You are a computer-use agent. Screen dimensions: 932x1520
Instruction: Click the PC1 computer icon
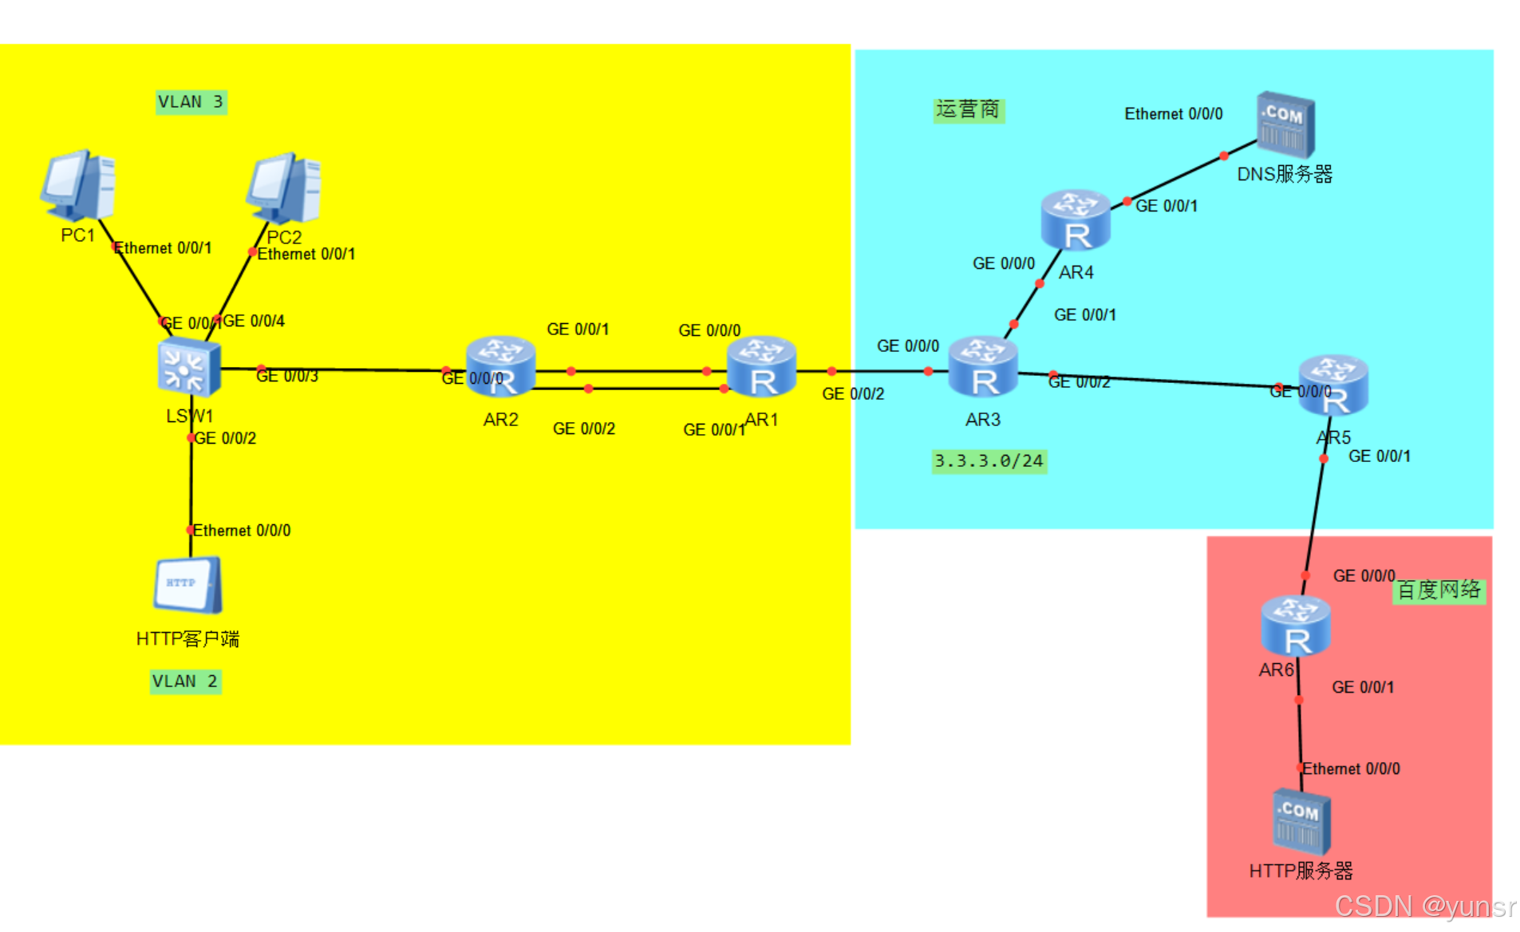(78, 185)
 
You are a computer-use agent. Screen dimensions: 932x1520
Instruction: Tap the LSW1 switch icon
(188, 368)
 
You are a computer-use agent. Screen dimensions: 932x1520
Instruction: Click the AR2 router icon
(500, 366)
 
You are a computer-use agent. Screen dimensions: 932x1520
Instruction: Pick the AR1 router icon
(762, 366)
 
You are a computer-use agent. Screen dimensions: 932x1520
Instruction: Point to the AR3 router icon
(983, 367)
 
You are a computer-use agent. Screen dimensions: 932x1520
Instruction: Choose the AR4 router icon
(1076, 220)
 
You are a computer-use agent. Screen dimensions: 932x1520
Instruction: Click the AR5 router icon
(1333, 385)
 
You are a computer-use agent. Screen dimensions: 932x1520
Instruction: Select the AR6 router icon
(1295, 626)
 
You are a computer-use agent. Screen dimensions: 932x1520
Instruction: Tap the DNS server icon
(1285, 124)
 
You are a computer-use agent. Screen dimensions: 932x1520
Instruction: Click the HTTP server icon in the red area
(1301, 822)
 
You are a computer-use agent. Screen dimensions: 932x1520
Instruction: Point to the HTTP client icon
(188, 585)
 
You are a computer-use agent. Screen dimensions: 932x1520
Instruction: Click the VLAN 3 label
(191, 102)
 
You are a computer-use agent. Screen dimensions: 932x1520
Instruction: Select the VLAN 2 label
(185, 681)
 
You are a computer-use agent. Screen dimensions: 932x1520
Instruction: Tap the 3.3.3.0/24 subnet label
(989, 461)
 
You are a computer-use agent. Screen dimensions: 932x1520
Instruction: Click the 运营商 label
(968, 109)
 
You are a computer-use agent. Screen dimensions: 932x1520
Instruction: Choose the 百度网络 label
(1439, 590)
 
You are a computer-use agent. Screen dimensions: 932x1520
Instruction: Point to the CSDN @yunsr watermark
(1425, 906)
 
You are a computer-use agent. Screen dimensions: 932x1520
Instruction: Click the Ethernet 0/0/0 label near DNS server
(1173, 114)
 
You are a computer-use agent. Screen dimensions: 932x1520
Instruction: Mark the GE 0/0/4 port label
(254, 321)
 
